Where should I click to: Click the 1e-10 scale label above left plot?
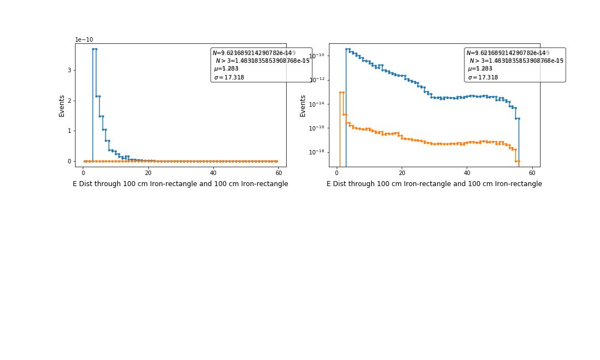coord(84,39)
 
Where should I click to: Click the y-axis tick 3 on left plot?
coord(69,70)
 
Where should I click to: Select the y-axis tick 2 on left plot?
coord(69,101)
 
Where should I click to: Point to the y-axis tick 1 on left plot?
coord(69,131)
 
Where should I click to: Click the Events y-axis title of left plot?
coord(62,105)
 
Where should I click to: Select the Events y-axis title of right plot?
coord(303,105)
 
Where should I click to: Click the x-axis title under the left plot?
coord(181,184)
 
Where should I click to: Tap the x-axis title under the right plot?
coord(434,184)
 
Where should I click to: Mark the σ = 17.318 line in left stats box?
coord(229,78)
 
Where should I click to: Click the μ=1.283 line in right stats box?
coord(480,69)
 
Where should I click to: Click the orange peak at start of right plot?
coord(341,92)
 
